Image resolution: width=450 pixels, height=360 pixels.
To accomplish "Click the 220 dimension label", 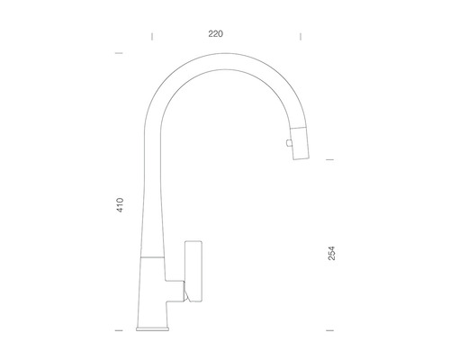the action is coord(216,34).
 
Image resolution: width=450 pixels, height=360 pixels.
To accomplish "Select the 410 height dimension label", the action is coord(120,205).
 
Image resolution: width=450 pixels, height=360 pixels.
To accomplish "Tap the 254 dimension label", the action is coord(331,253).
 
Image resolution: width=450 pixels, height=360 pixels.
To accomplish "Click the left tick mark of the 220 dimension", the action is coord(152,37).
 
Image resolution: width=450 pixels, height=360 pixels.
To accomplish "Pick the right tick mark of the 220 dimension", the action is coord(301,37).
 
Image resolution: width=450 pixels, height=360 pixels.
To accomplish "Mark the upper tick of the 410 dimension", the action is coord(119,53).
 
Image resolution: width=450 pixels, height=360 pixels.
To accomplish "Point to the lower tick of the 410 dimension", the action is coord(119,330).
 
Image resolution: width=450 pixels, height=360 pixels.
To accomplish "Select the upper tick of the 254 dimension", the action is coord(329,159).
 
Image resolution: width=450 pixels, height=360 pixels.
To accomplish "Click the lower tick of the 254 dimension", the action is coord(329,330).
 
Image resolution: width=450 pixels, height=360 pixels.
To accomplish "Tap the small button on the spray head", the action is coord(289,143).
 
